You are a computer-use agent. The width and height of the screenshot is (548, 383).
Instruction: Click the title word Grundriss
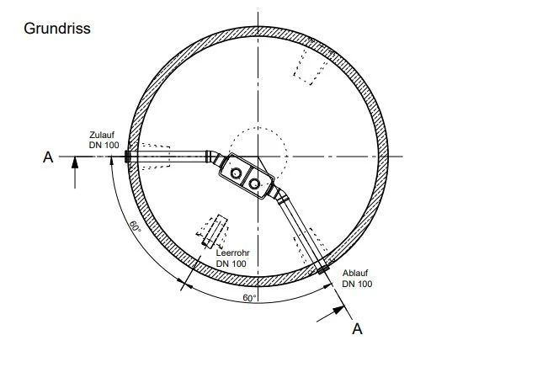click(57, 29)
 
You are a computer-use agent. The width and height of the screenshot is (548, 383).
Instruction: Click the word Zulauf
click(102, 135)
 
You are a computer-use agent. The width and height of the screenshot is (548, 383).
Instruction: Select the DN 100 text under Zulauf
click(104, 145)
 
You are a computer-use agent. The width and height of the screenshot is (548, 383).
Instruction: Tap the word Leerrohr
click(233, 253)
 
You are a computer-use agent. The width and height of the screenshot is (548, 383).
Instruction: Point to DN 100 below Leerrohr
click(231, 263)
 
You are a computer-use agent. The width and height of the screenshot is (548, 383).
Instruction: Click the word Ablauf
click(355, 273)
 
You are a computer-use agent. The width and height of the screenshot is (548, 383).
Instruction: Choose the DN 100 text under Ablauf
click(357, 284)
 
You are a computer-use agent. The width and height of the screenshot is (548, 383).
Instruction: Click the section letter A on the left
click(48, 157)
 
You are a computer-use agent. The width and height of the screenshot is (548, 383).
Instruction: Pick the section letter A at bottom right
click(357, 329)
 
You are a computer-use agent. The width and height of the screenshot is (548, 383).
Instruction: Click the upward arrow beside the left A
click(75, 173)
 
